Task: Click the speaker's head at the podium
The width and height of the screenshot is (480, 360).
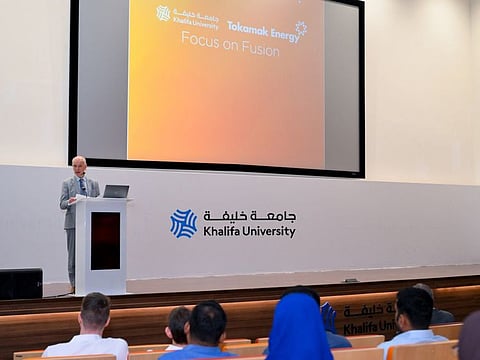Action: point(79,166)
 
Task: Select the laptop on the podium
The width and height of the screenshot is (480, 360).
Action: point(116,191)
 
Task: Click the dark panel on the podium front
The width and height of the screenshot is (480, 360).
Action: point(105,240)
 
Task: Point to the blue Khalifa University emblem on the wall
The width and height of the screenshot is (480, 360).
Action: point(183,223)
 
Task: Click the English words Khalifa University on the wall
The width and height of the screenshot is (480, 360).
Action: point(249,232)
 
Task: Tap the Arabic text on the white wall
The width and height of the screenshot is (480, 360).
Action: point(250,216)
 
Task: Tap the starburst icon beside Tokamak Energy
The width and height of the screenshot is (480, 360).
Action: point(300,28)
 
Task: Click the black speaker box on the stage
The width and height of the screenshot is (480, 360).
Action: point(21,283)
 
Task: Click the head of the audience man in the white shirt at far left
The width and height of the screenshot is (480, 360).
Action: point(95,311)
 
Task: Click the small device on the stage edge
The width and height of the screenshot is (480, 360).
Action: point(350,280)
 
